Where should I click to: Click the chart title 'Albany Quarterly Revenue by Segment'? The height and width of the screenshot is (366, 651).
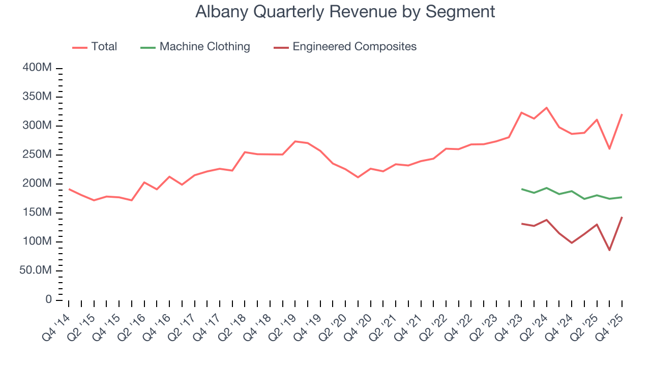tap(345, 12)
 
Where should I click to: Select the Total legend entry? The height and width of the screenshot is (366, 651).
tap(95, 47)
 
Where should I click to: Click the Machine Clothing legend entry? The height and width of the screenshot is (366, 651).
tap(195, 47)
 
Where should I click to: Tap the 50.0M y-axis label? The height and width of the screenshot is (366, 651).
tap(36, 271)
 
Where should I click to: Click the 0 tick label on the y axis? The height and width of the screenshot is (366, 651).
tap(48, 300)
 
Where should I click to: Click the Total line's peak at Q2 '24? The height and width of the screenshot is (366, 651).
tap(546, 108)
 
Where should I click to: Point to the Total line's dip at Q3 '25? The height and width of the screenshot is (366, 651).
tap(609, 148)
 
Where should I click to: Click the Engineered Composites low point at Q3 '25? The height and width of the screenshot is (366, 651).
tap(609, 250)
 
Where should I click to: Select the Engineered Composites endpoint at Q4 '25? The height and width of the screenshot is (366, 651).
tap(622, 217)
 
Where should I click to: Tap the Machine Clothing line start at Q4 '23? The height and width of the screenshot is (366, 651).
tap(521, 189)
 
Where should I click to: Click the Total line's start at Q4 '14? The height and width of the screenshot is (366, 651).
tap(69, 189)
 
